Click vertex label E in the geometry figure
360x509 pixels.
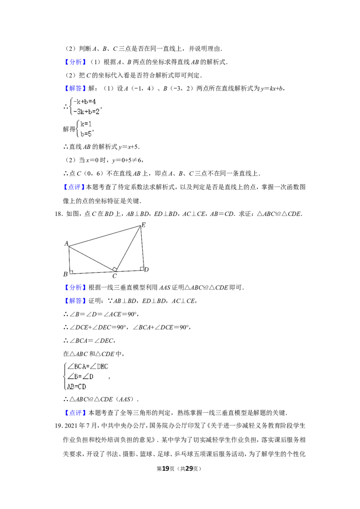point(144,225)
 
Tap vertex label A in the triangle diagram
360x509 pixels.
point(67,243)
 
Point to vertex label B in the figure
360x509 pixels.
point(66,274)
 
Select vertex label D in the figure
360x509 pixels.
point(147,269)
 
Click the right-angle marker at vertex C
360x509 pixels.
point(114,269)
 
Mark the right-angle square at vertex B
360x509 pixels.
point(71,272)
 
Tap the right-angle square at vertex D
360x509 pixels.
point(142,268)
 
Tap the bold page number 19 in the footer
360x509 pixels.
point(166,469)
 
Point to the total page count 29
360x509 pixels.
point(189,469)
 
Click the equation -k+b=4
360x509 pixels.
point(85,102)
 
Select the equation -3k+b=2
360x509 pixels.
point(86,112)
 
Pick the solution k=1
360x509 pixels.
point(86,124)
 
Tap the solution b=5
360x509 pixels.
point(86,134)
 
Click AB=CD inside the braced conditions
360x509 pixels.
point(76,387)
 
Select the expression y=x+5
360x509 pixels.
point(129,147)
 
